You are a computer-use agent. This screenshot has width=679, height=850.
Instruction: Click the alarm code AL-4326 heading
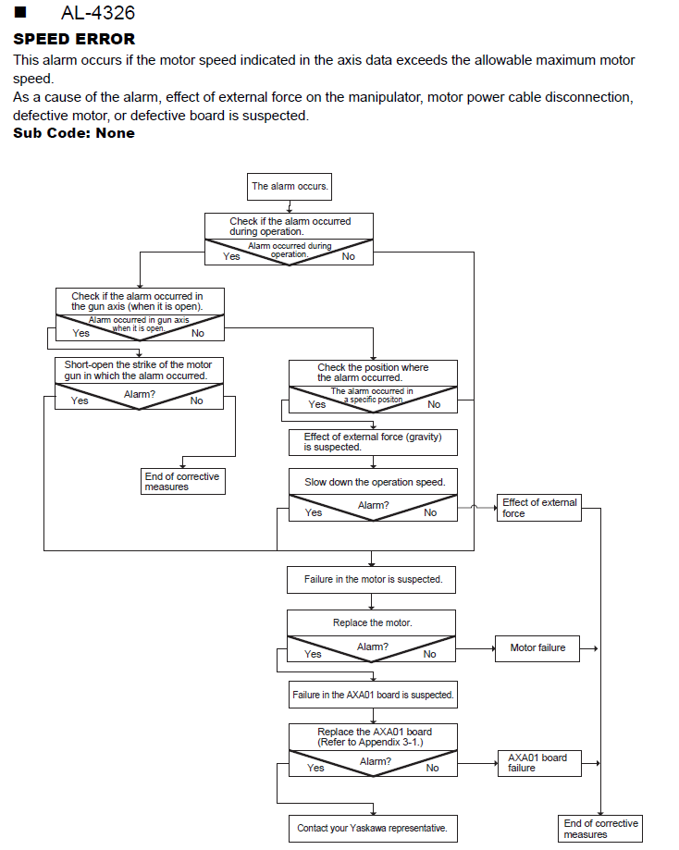point(98,12)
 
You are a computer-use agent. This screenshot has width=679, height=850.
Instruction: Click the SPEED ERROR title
point(74,39)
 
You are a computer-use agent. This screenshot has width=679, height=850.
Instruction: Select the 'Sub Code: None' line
point(74,133)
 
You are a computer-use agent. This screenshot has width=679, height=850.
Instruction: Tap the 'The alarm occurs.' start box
point(289,187)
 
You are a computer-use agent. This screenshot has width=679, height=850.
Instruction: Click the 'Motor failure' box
point(537,648)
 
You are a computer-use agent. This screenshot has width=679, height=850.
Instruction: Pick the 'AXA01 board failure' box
point(539,763)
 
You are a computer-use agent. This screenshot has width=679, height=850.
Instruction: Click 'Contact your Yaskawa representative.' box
point(373,829)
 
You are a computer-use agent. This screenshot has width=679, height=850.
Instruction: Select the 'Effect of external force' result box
point(539,508)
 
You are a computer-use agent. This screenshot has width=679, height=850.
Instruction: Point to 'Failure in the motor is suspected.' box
point(372,580)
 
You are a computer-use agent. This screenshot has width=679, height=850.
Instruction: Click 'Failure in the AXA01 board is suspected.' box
point(373,695)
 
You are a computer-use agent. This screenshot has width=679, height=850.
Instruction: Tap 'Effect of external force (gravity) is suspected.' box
point(373,442)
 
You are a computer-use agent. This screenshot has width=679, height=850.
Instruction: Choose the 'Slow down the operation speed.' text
point(375,482)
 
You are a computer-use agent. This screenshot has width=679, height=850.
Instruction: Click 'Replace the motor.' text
point(373,622)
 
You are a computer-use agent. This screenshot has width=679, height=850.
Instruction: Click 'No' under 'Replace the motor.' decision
point(429,654)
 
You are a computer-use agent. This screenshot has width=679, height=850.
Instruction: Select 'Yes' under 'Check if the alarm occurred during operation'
point(231,256)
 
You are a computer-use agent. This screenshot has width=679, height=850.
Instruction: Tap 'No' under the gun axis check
point(198,333)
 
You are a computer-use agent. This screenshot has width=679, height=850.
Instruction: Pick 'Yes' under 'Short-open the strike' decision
point(80,400)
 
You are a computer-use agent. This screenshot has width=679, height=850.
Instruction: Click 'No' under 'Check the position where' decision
point(434,404)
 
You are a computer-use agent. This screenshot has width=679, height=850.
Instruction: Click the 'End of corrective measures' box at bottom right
point(600,829)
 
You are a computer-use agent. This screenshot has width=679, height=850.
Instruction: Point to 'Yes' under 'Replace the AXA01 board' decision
point(315,768)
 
